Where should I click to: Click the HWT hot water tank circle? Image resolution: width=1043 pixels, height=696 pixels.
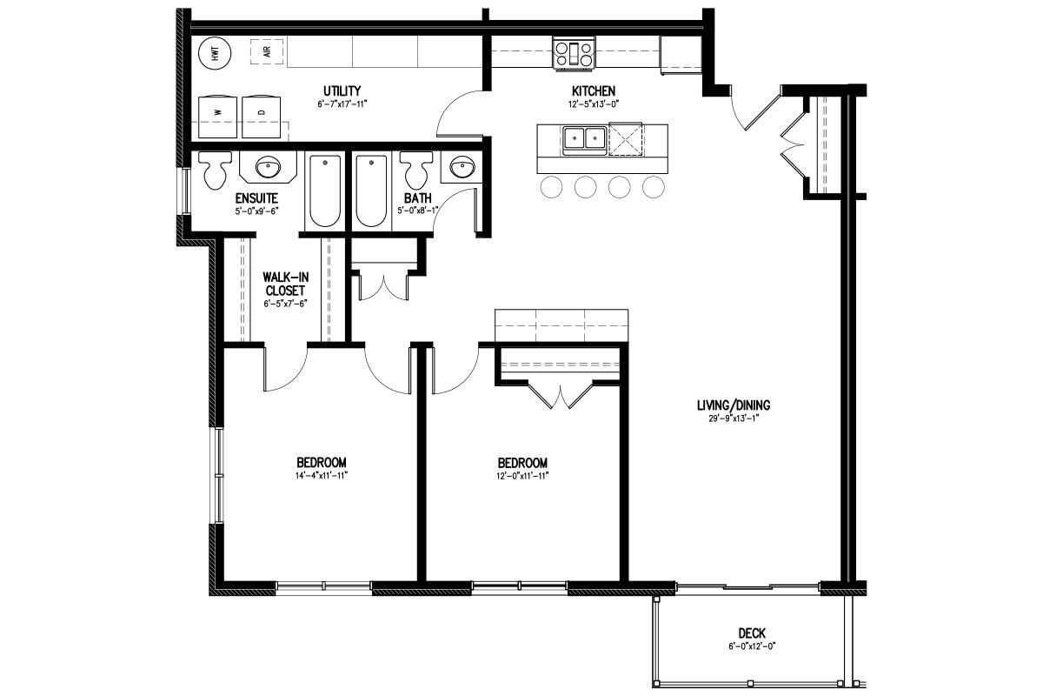coord(215,53)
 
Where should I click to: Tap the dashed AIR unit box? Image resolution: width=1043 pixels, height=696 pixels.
coord(267,51)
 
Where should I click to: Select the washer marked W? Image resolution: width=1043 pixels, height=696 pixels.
coord(217,117)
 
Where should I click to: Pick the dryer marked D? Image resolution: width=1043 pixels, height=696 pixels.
coord(262,117)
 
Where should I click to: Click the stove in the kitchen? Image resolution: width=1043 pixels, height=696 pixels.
coord(574,54)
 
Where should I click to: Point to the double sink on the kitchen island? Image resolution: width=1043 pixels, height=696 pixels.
coord(585,139)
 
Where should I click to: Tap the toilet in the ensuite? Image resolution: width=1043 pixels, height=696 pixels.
coord(215,171)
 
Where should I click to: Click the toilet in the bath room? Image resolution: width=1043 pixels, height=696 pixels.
coord(416,170)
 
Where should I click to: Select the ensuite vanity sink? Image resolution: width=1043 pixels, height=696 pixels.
coord(268,167)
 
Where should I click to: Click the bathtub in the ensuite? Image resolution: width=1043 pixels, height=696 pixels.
coord(324,191)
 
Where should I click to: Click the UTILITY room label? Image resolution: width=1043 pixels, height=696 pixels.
coord(342,90)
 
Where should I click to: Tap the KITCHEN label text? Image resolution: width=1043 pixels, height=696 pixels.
coord(594,90)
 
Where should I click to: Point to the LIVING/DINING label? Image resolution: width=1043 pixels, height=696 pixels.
coord(734,405)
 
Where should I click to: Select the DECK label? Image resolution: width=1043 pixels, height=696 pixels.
coord(752,633)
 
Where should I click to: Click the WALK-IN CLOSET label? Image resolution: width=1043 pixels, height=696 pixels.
coord(285,284)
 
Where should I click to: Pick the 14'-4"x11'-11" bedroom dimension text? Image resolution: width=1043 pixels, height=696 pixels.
coord(322,476)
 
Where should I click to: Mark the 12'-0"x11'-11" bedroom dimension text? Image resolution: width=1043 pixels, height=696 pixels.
coord(522,476)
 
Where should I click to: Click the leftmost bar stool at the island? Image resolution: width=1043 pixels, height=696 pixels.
coord(551,187)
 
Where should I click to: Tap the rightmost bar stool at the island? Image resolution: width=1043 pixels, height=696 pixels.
coord(654,187)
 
